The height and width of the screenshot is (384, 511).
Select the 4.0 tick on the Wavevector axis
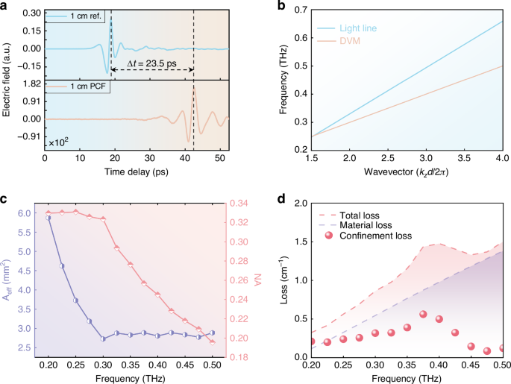(x=501, y=159)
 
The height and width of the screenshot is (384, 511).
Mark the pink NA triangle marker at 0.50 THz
(x=213, y=341)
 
